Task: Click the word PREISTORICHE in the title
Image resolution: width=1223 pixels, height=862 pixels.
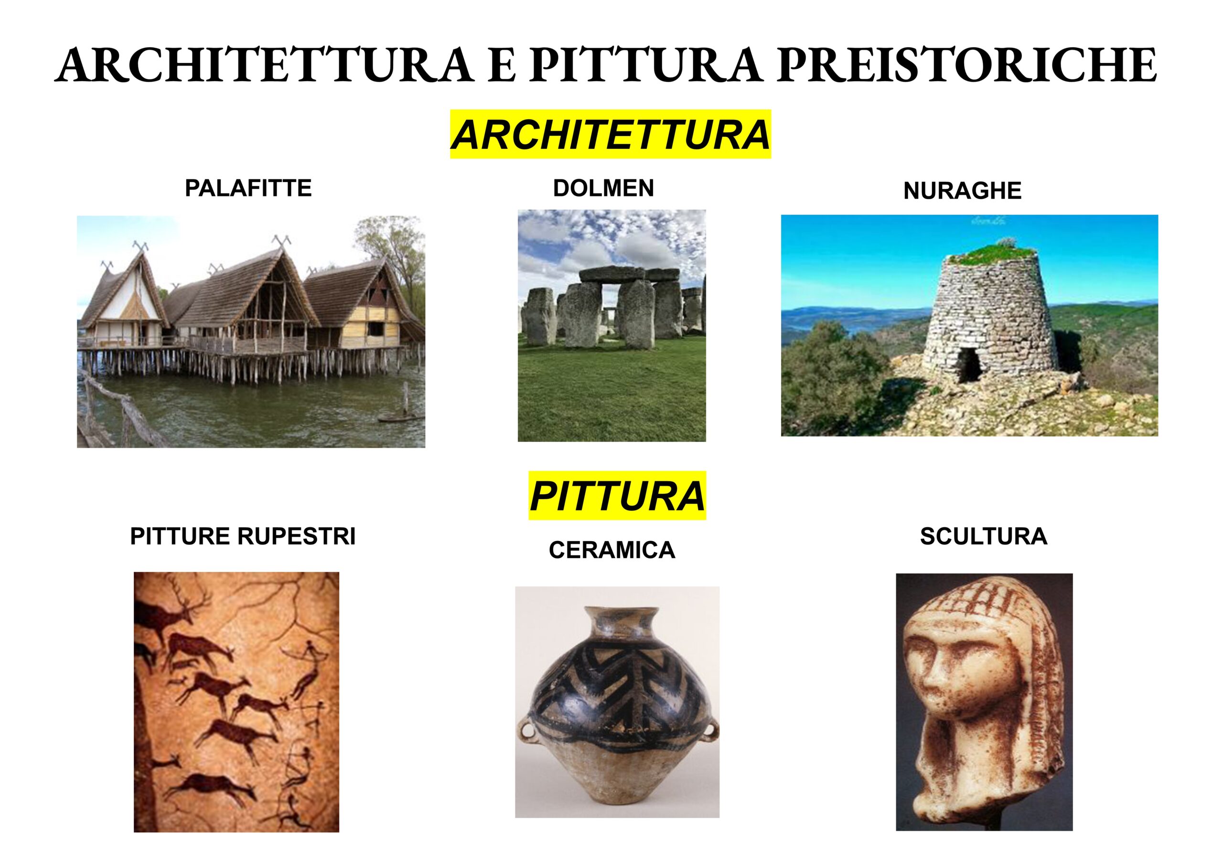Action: tap(967, 65)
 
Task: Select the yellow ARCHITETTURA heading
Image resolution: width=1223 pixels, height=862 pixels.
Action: tap(611, 134)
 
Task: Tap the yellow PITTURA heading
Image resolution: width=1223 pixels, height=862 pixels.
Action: tap(617, 496)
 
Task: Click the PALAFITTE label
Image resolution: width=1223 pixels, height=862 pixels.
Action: tap(248, 188)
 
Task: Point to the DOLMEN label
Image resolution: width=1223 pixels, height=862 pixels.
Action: tap(603, 188)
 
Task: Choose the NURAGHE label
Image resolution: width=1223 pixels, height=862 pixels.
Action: tap(963, 191)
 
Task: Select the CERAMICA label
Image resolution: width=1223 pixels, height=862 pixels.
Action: tap(612, 550)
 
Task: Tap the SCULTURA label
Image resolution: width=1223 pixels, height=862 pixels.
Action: tap(984, 536)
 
